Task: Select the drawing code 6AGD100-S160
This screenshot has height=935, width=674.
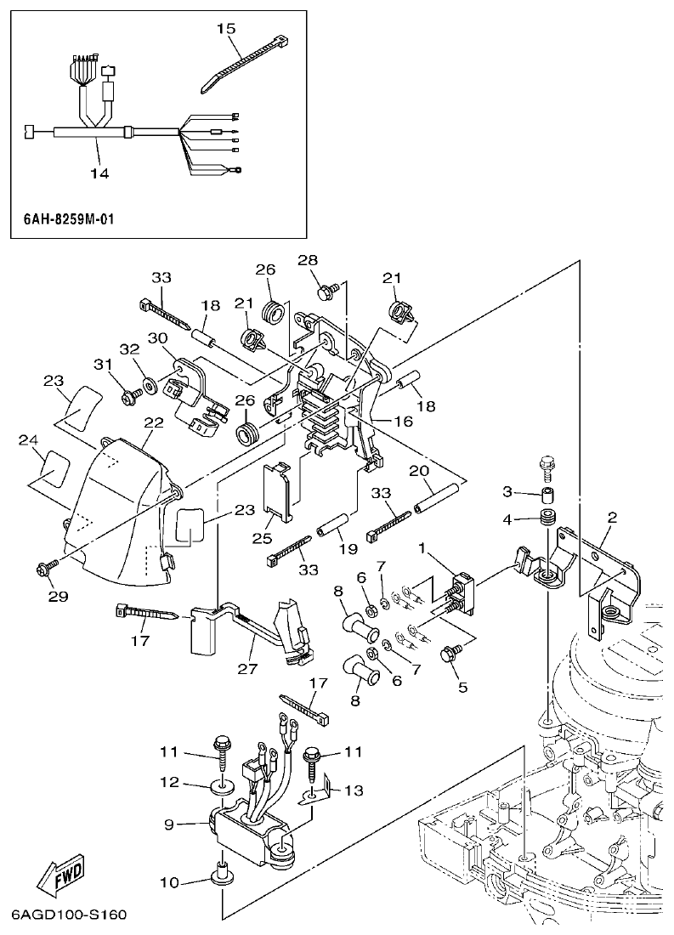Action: click(x=69, y=915)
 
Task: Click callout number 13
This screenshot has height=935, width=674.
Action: click(x=354, y=790)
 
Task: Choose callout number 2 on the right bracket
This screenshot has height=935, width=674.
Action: click(x=612, y=517)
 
